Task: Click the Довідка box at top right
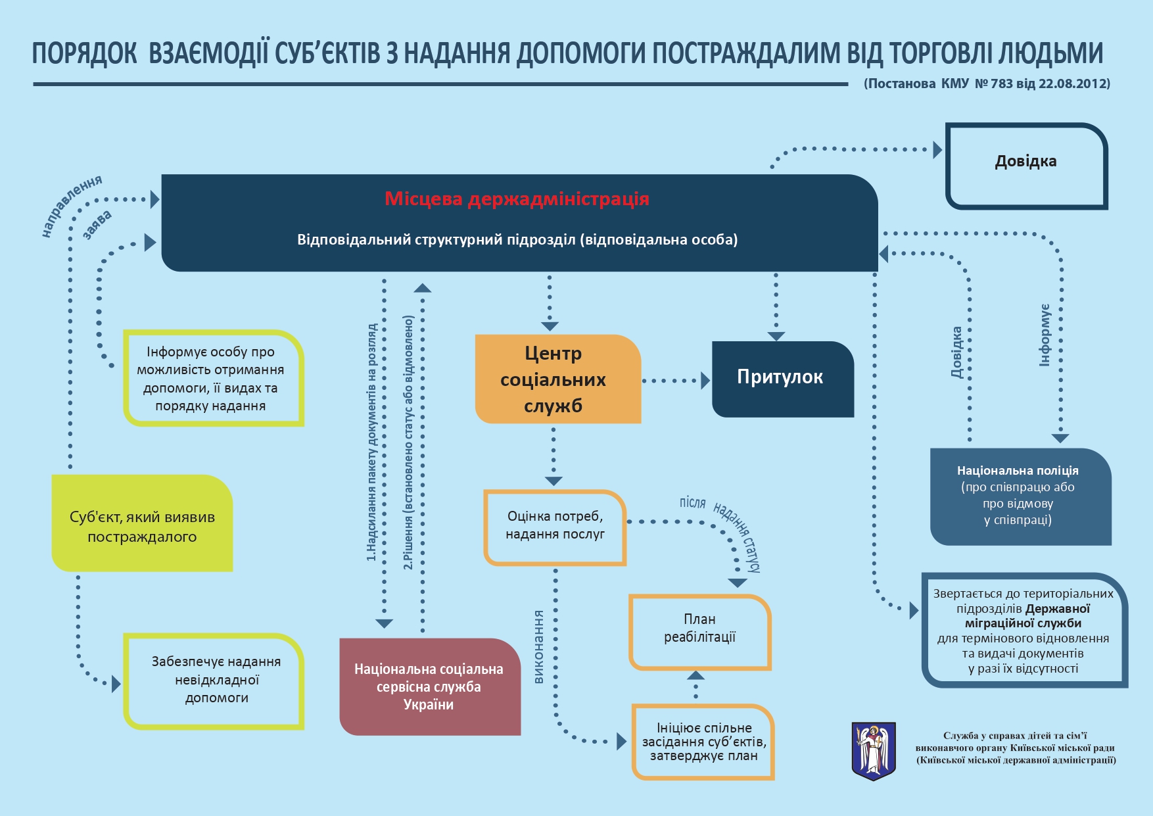(x=1026, y=166)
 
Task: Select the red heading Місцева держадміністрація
(x=517, y=199)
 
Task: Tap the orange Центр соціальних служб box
(x=557, y=379)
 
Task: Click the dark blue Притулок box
(x=782, y=378)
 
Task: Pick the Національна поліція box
(x=1020, y=496)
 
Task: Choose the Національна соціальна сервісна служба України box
(x=429, y=686)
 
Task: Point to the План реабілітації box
(x=699, y=631)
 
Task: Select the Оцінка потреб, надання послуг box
(x=555, y=527)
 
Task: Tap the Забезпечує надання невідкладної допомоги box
(x=214, y=681)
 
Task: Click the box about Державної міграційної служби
(x=1024, y=631)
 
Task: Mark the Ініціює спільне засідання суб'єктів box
(x=703, y=742)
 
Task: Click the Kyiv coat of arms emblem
(x=873, y=750)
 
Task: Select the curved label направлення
(x=70, y=204)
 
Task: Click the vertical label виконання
(x=539, y=647)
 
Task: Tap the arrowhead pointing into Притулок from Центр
(x=705, y=381)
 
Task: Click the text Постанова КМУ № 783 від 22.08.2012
(x=987, y=84)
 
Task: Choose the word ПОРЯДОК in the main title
(x=84, y=53)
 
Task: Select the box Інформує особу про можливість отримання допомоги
(x=213, y=379)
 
